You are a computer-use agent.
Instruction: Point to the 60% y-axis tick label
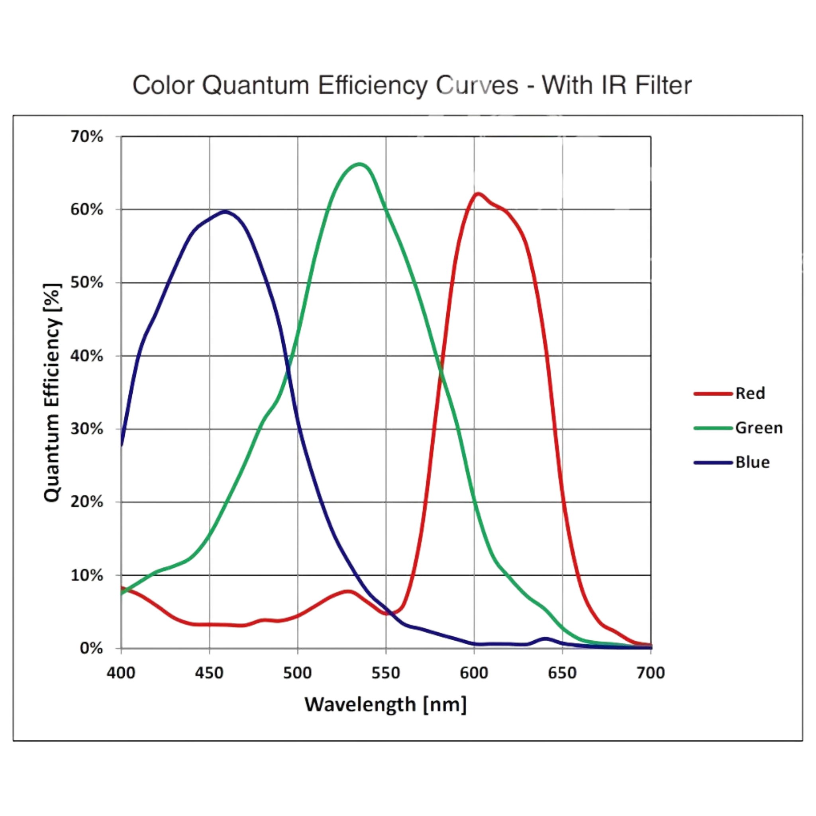pos(86,210)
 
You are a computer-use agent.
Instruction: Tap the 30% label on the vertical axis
pos(86,429)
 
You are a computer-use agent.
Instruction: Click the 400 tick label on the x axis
pos(121,673)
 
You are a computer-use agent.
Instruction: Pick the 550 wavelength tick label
pos(386,673)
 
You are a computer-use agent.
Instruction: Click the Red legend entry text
pos(750,393)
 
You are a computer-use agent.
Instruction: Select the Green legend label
pos(759,428)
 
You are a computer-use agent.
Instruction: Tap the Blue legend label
pos(752,462)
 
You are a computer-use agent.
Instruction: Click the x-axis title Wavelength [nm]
pos(386,704)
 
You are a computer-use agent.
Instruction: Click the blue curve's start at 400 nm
pos(122,443)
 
